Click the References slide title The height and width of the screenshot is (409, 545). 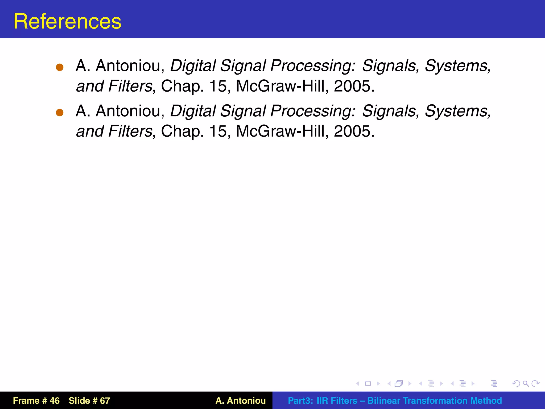click(67, 21)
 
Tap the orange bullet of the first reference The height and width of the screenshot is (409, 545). click(60, 67)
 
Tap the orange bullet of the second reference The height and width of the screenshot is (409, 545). click(60, 113)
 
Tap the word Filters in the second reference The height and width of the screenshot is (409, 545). click(130, 131)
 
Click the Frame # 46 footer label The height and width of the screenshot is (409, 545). click(36, 401)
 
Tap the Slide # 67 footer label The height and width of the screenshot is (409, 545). click(89, 401)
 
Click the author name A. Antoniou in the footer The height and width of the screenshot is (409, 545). click(241, 401)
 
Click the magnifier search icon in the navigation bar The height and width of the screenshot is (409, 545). click(526, 384)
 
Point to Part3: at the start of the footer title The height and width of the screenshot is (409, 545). click(300, 401)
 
